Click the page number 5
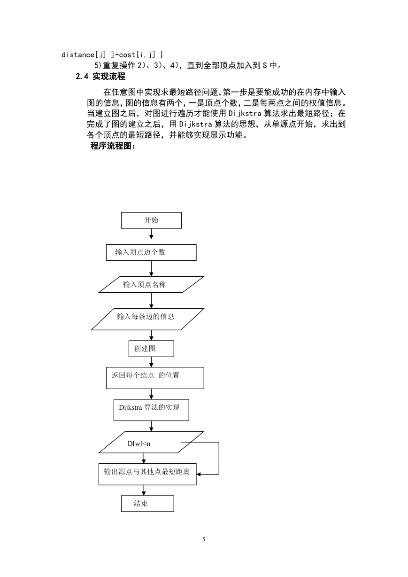[204, 539]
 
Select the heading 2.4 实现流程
[100, 76]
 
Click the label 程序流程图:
[113, 146]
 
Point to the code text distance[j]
[84, 55]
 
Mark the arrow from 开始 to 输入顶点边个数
[151, 234]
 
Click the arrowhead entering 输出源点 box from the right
[199, 474]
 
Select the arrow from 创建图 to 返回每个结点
[151, 362]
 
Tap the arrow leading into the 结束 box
[144, 491]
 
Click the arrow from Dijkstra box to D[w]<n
[151, 426]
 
